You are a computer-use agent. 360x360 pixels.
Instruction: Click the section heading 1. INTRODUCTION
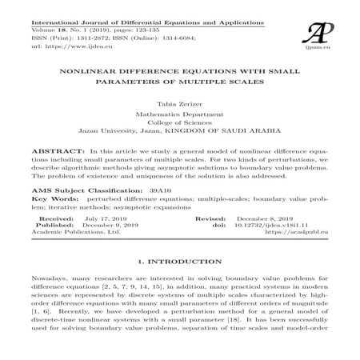[x=179, y=262]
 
